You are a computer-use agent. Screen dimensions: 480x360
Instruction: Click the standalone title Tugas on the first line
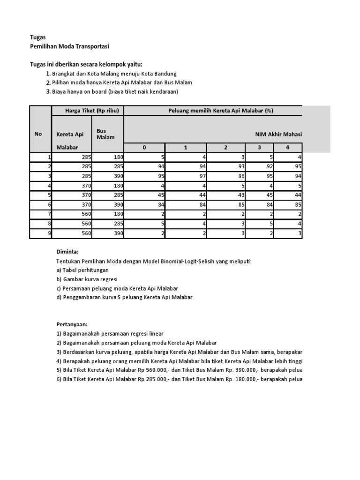point(38,37)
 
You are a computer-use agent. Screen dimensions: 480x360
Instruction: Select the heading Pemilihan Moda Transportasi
point(69,46)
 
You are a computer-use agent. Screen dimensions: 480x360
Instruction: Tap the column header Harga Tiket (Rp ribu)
point(88,111)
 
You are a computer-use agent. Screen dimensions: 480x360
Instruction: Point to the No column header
point(38,134)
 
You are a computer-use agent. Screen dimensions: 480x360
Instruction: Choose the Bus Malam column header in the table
point(105,134)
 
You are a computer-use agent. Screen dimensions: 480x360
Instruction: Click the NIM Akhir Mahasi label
point(278,134)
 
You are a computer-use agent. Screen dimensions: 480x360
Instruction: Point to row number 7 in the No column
point(49,214)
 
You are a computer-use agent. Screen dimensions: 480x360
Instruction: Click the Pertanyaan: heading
point(72,324)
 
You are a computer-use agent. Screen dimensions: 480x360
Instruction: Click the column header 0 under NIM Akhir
point(144,148)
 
